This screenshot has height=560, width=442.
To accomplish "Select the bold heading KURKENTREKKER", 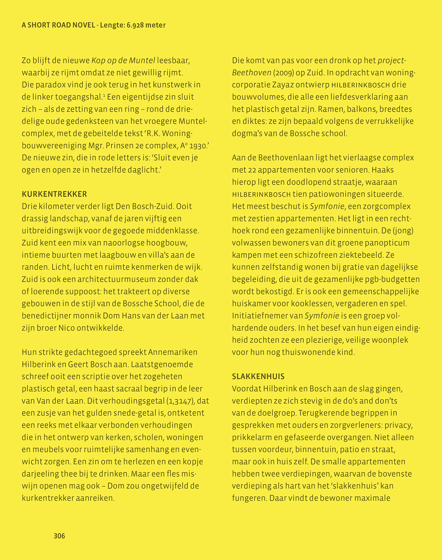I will pos(54,194).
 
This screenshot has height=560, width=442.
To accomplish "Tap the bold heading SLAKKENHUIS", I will pos(258,377).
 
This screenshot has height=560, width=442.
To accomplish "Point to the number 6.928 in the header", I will pos(136,25).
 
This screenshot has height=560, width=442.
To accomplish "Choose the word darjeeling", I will pos(43,474).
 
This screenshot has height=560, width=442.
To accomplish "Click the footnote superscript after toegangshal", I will pos(104,95).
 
